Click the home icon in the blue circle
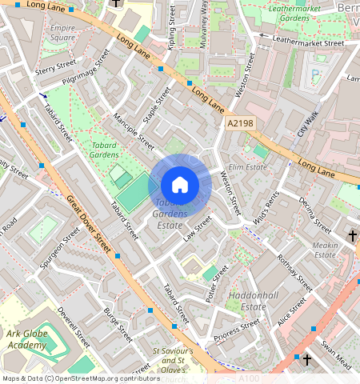(x=180, y=185)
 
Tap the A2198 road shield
(x=240, y=124)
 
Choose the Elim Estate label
(x=247, y=166)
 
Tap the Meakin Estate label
(x=325, y=250)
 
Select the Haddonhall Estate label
(x=247, y=301)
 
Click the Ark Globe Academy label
(x=30, y=338)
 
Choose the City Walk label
(x=308, y=122)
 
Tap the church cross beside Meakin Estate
(x=352, y=235)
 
